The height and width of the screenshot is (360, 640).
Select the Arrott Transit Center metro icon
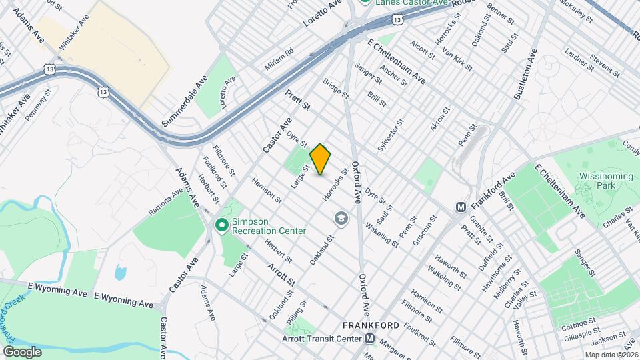pyautogui.click(x=369, y=338)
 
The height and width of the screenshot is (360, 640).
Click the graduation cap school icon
pyautogui.click(x=341, y=219)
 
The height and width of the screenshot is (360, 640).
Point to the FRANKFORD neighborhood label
pyautogui.click(x=371, y=325)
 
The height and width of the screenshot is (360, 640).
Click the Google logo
pyautogui.click(x=22, y=352)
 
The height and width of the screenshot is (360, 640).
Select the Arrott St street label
pyautogui.click(x=281, y=276)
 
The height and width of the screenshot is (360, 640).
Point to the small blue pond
pyautogui.click(x=120, y=272)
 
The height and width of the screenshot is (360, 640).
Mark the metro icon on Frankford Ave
pyautogui.click(x=461, y=207)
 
